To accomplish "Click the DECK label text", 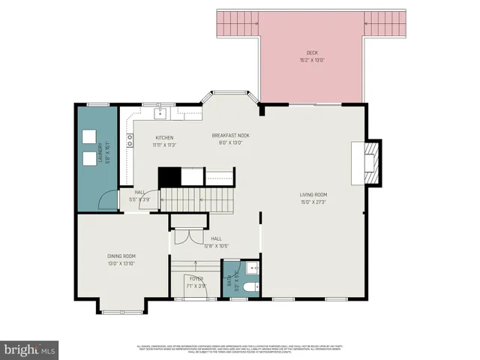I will pyautogui.click(x=311, y=52).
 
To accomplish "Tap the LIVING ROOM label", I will pyautogui.click(x=314, y=195).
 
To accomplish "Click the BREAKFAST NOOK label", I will pyautogui.click(x=230, y=136).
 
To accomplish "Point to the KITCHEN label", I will pyautogui.click(x=164, y=138).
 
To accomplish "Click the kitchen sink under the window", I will pyautogui.click(x=160, y=113).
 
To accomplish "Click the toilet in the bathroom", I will pyautogui.click(x=250, y=285).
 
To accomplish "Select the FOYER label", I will pyautogui.click(x=196, y=279).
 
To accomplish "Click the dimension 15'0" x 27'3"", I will pyautogui.click(x=314, y=201).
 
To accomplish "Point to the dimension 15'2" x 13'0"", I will pyautogui.click(x=311, y=58).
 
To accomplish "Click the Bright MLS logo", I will pyautogui.click(x=30, y=349).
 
